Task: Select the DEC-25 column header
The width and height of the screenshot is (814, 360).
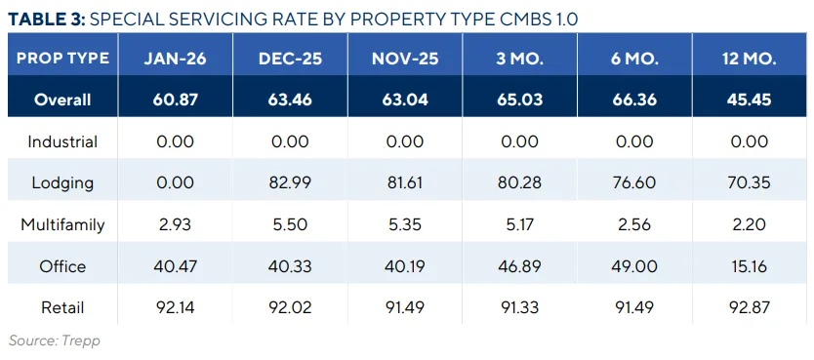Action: pos(289,58)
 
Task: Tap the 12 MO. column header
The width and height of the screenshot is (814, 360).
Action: pos(746,58)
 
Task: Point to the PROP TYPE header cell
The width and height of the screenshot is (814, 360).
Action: pos(62,58)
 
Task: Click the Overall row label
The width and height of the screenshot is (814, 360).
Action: pos(62,100)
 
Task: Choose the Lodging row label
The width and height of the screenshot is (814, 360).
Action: pos(62,183)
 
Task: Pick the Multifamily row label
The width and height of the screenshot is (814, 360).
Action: pos(62,225)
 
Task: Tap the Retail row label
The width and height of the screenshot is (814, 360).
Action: pos(62,308)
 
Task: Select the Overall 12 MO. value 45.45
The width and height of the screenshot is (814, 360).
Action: pos(746,100)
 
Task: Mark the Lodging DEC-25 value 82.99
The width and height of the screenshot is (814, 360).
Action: pos(289,183)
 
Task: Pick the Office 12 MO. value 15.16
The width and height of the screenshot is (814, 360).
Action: pos(746,266)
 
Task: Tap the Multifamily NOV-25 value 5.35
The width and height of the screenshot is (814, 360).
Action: pos(403,225)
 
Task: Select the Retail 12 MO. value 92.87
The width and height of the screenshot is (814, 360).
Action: pos(746,308)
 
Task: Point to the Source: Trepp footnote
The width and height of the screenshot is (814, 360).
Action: pos(55,340)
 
